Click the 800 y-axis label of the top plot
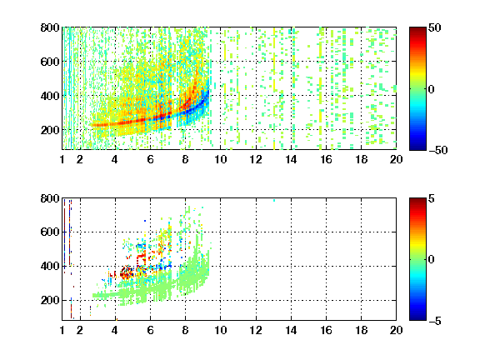(50, 27)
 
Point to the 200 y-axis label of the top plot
(50, 130)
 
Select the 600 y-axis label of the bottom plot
(50, 232)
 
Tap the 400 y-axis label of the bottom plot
(50, 266)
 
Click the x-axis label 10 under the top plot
(220, 159)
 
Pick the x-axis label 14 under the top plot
(291, 159)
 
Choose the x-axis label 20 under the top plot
(396, 159)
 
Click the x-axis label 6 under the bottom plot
(150, 330)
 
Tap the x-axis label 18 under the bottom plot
(361, 330)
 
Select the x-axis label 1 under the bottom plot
(62, 330)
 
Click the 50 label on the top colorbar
(434, 27)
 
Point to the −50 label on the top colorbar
(438, 150)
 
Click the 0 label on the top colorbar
(432, 89)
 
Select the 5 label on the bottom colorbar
(432, 198)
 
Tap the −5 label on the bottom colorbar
(435, 321)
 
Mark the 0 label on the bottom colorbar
(432, 260)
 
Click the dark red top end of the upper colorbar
(417, 29)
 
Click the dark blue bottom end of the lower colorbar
(417, 318)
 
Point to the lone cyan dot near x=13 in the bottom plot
(274, 201)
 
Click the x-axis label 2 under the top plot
(80, 159)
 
